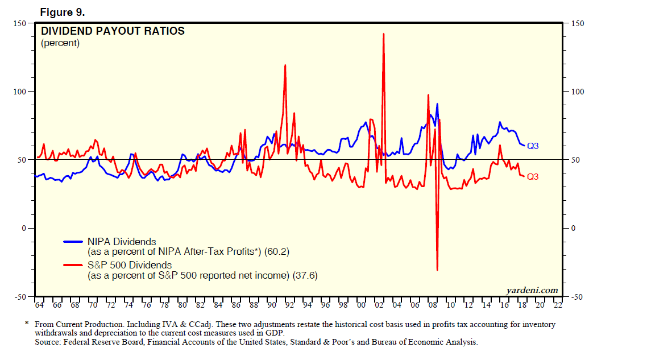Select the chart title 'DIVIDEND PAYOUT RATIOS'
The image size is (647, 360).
113,31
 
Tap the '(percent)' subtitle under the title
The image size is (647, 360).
60,43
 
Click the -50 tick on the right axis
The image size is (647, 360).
578,297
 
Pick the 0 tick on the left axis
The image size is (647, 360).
24,229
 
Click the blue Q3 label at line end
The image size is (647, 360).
533,146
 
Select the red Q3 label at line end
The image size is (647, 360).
533,177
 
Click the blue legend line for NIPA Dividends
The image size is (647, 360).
73,242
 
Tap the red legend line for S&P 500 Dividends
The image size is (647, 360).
73,265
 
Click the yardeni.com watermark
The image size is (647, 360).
532,291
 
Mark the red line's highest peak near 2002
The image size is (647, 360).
384,34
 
